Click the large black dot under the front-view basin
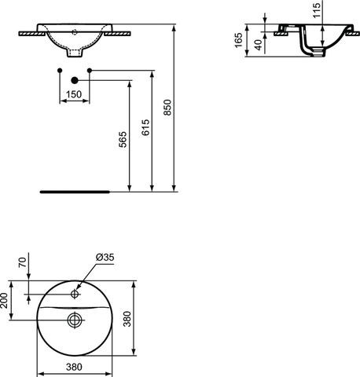pos(75,80)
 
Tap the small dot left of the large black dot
pos(60,71)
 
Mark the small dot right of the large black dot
pos(90,71)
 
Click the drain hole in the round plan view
pos(74,320)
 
